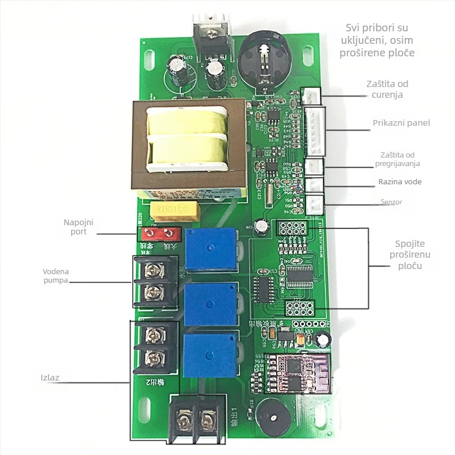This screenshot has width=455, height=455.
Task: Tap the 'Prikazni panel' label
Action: point(402,123)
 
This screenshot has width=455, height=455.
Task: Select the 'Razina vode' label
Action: point(400,182)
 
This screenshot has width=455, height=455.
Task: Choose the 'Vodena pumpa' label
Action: point(60,276)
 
